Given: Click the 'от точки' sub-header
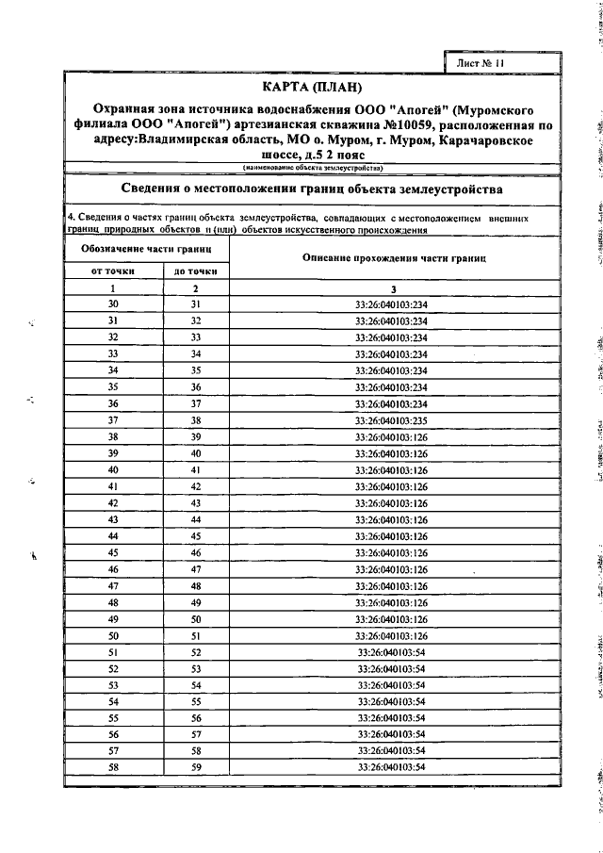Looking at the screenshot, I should click(x=113, y=271).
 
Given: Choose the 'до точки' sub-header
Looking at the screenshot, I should click(x=196, y=271).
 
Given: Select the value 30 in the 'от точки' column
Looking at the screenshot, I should click(x=113, y=304).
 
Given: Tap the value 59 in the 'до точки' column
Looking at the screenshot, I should click(x=196, y=766).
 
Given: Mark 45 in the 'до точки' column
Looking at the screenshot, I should click(x=196, y=535).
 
